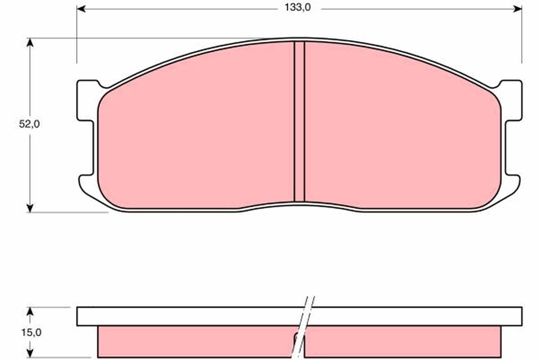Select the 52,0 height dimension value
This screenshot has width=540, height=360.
[29, 125]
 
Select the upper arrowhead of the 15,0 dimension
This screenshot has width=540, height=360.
[30, 311]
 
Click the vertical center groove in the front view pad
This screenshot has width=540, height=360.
[299, 121]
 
